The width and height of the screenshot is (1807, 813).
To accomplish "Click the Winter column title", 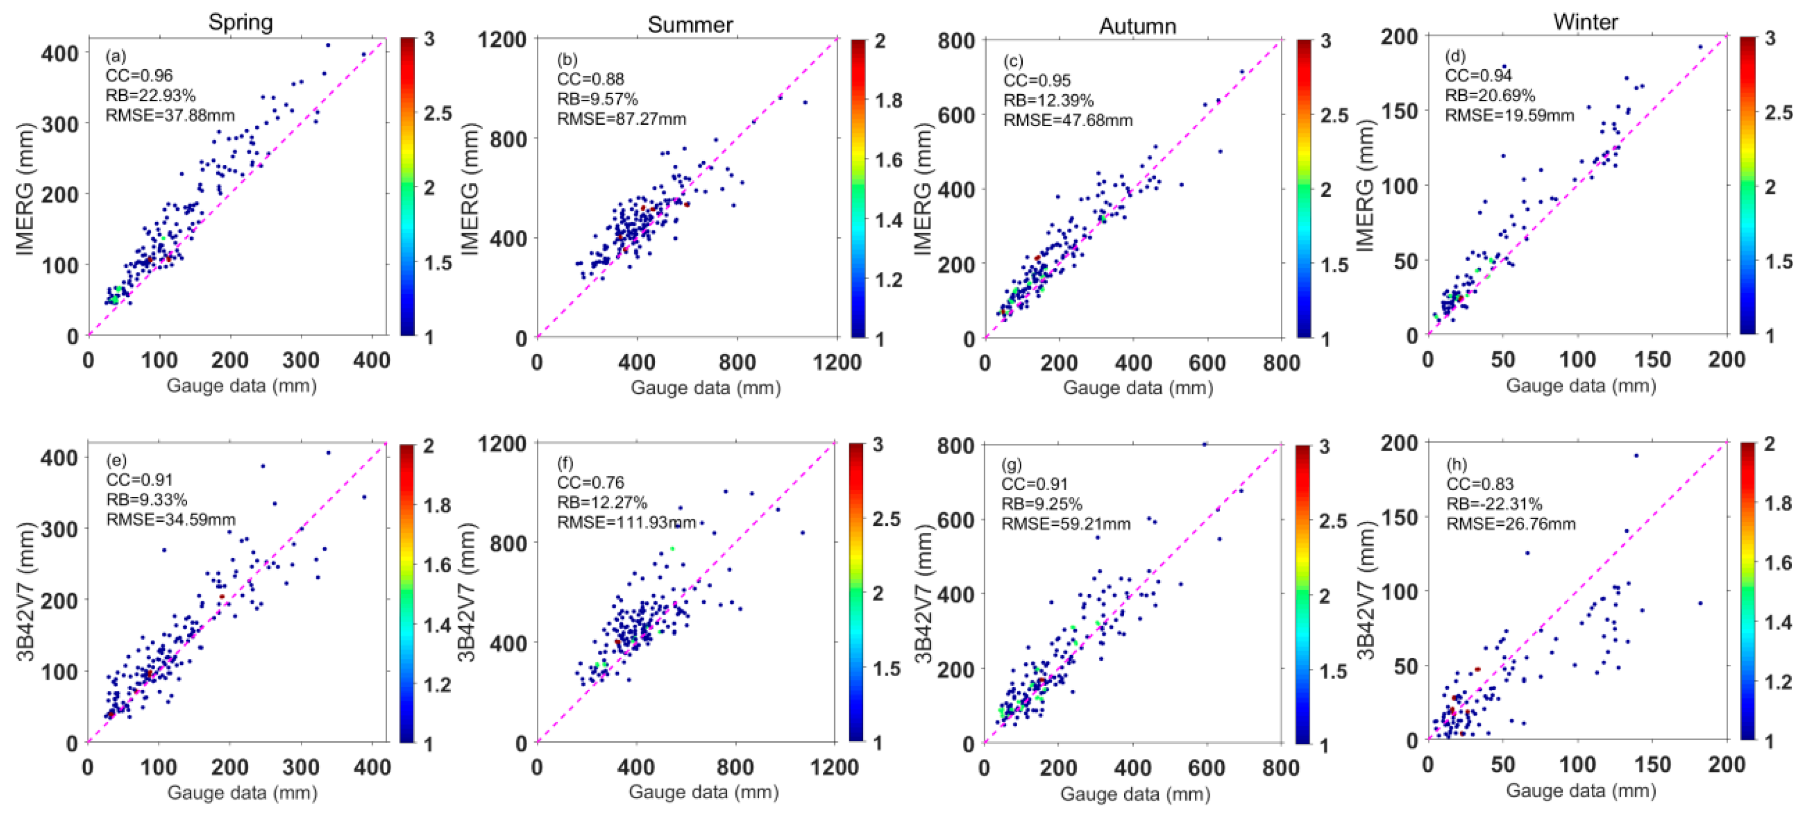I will (1585, 22).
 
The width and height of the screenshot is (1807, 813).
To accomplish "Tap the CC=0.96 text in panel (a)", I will (139, 75).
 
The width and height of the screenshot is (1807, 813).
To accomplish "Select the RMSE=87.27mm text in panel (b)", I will (621, 119).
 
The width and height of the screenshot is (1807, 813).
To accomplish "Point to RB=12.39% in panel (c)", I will (1048, 100).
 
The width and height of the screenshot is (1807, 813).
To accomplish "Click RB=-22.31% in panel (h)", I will (1494, 503).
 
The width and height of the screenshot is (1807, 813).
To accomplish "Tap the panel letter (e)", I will (116, 460).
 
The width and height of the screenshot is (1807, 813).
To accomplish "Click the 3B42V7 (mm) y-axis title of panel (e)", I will (26, 592).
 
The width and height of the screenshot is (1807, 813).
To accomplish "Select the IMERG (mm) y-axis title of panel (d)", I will (1364, 186).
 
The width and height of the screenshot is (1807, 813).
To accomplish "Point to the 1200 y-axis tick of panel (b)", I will (502, 39).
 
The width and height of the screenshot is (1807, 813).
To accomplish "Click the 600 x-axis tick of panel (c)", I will (1207, 362).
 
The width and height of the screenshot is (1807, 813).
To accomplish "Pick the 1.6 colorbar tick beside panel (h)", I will (1777, 563).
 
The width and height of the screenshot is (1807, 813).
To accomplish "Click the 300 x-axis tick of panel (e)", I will (300, 767).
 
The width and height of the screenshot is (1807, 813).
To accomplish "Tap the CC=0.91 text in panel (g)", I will (1034, 484).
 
